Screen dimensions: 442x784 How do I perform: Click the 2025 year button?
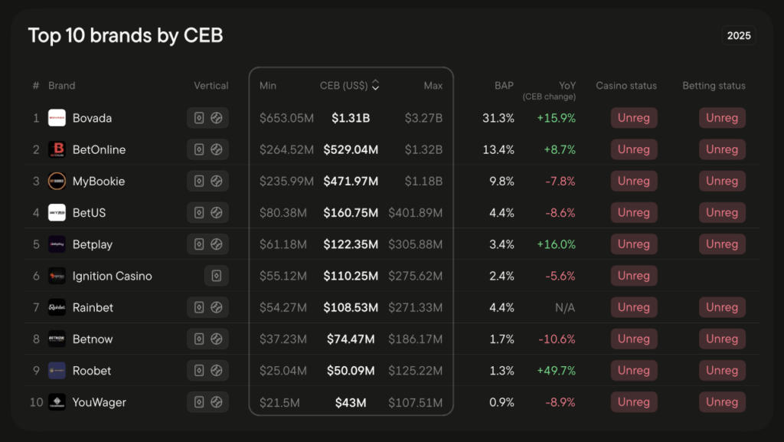point(739,35)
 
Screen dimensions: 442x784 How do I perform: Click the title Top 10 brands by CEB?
point(126,35)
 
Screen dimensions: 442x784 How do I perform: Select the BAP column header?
point(504,86)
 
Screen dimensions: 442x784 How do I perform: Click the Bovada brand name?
point(92,118)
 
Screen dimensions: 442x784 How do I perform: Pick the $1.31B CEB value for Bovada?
point(351,118)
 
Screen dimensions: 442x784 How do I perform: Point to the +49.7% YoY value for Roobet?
point(556,371)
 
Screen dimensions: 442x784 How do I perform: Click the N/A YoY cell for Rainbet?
point(565,307)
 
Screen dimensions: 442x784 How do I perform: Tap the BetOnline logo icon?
point(57,149)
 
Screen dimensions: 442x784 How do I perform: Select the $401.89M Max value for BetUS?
point(415,213)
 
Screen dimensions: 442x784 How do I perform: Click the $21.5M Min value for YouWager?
point(283,402)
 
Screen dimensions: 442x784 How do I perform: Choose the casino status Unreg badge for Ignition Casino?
point(633,276)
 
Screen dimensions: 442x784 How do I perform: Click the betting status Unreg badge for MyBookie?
point(721,182)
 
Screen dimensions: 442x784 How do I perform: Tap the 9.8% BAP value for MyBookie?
point(501,182)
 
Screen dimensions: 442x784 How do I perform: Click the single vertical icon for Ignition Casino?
point(216,276)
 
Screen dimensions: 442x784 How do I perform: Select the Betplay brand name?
point(93,244)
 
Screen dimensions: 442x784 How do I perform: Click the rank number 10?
point(36,402)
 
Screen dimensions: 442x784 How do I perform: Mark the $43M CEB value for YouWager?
point(351,402)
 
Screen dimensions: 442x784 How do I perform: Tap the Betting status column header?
point(714,86)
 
